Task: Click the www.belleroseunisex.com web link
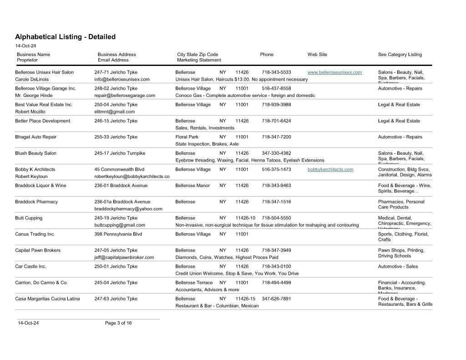point(334,72)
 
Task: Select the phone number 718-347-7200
point(276,137)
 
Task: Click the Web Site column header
point(317,55)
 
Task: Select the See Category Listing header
point(400,55)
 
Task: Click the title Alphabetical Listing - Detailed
point(65,37)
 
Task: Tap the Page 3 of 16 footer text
point(118,323)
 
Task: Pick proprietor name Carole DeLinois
point(32,79)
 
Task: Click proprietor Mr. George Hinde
point(34,96)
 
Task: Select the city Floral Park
point(187,137)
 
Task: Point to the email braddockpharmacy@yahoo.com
point(128,209)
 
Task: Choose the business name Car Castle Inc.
point(30,266)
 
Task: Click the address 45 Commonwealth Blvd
point(119,169)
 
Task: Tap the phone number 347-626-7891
point(276,299)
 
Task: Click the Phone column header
point(267,55)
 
